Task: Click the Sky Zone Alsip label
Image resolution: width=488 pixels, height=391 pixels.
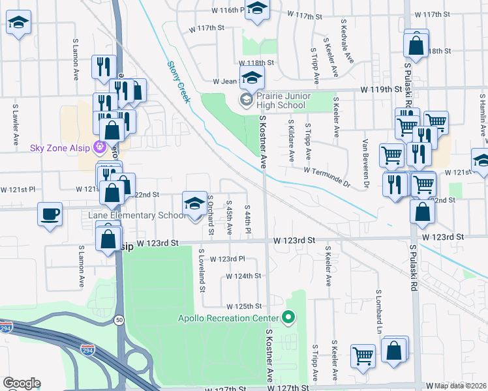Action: pyautogui.click(x=61, y=147)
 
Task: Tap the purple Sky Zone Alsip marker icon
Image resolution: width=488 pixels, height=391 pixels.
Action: pyautogui.click(x=99, y=147)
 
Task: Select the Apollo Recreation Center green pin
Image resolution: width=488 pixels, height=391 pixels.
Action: pyautogui.click(x=288, y=318)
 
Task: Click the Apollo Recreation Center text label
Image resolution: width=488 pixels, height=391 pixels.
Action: pyautogui.click(x=228, y=318)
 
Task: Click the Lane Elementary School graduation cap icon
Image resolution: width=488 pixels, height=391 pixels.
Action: pyautogui.click(x=194, y=204)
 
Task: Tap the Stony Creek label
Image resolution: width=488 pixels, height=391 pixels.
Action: pyautogui.click(x=178, y=81)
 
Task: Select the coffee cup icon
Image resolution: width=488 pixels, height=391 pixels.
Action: pyautogui.click(x=50, y=214)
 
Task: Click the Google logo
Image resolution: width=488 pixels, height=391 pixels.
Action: pyautogui.click(x=22, y=383)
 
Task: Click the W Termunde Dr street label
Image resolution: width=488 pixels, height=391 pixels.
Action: pyautogui.click(x=326, y=177)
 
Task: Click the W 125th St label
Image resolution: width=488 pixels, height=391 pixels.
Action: pyautogui.click(x=243, y=306)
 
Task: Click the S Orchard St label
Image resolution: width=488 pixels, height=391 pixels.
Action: pyautogui.click(x=211, y=214)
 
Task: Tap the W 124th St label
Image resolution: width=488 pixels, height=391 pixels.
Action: pyautogui.click(x=243, y=276)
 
